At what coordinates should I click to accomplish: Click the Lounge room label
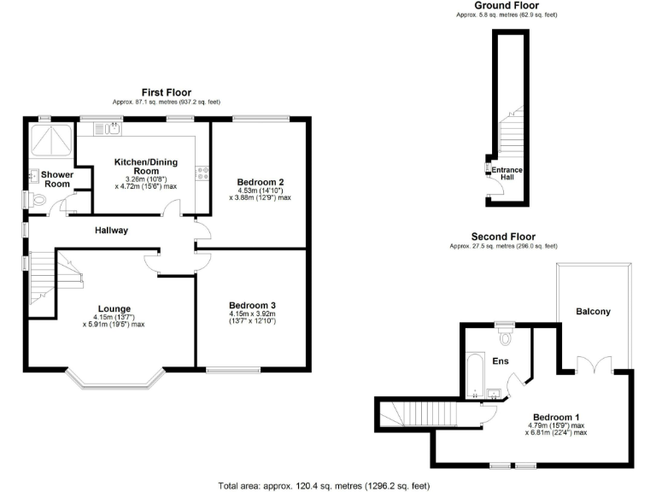pyautogui.click(x=114, y=308)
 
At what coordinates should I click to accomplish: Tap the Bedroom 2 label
pyautogui.click(x=260, y=182)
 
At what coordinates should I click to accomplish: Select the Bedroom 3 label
pyautogui.click(x=252, y=305)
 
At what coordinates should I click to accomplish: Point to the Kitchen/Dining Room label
pyautogui.click(x=149, y=166)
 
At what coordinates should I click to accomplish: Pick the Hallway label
pyautogui.click(x=111, y=231)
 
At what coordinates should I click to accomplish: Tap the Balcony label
pyautogui.click(x=593, y=312)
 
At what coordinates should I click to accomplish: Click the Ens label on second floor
pyautogui.click(x=501, y=361)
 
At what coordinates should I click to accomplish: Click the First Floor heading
pyautogui.click(x=167, y=92)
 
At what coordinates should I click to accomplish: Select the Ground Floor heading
pyautogui.click(x=507, y=5)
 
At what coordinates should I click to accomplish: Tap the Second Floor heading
pyautogui.click(x=503, y=237)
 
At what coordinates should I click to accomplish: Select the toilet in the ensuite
pyautogui.click(x=505, y=337)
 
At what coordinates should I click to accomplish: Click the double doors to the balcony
pyautogui.click(x=589, y=366)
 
